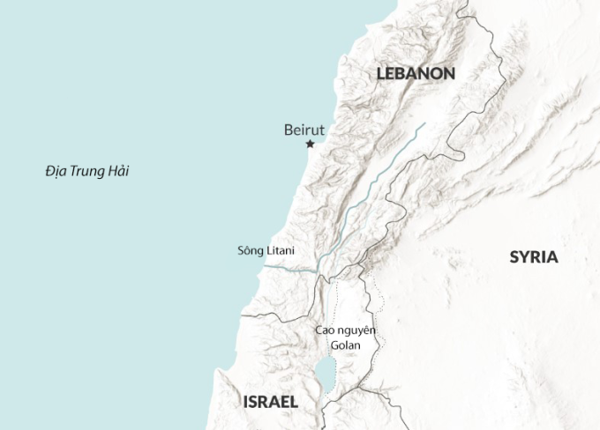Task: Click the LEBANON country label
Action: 416,74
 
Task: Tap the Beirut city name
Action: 304,130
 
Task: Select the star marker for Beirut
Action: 310,144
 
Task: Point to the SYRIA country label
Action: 534,257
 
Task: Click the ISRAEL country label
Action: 270,402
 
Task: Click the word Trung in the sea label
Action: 87,171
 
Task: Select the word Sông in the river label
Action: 251,250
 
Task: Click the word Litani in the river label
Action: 281,250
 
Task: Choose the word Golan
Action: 346,345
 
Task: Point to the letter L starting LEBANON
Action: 381,74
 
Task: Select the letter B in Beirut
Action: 289,130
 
